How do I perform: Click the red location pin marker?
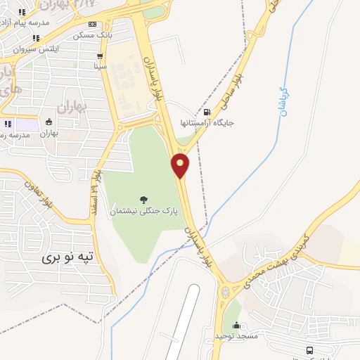(181, 165)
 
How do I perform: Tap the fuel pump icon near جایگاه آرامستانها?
(206, 111)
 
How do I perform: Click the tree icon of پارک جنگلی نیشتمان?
(144, 199)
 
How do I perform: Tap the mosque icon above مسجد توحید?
(236, 325)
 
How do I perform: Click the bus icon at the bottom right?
(309, 350)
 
